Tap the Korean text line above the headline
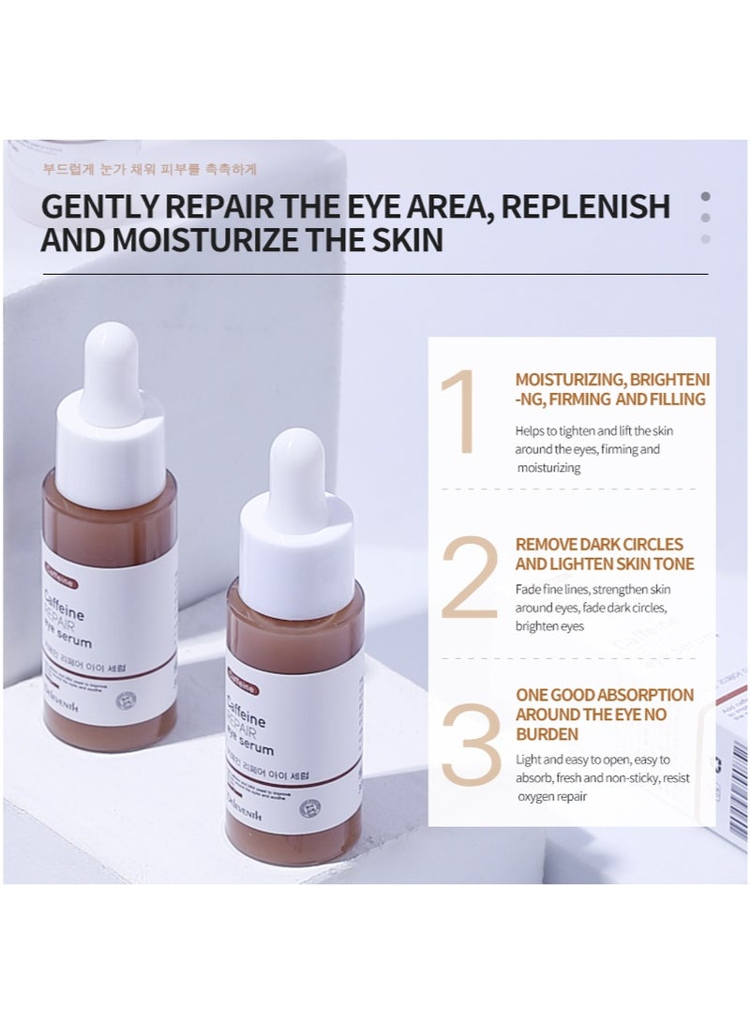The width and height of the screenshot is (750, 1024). tap(149, 171)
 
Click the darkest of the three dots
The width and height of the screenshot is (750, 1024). tap(705, 197)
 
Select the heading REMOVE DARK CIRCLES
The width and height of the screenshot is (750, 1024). tap(599, 544)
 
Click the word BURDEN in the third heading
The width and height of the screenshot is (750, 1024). tap(547, 733)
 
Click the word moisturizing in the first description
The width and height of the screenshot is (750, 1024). tap(547, 468)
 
